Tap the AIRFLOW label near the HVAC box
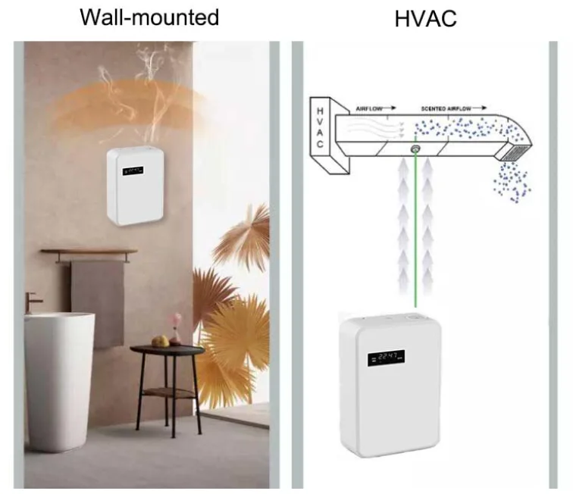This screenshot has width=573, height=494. tap(372, 110)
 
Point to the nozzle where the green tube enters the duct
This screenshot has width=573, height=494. tap(416, 149)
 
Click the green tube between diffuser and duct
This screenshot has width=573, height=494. tap(416, 227)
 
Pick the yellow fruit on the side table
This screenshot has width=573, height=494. tap(159, 341)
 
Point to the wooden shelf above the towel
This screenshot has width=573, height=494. tap(89, 252)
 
